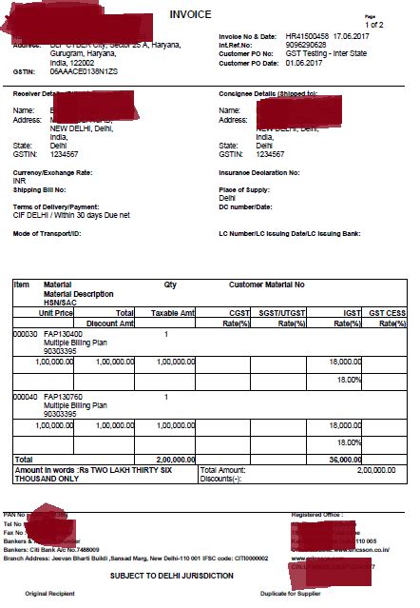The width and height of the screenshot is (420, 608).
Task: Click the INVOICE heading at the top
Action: click(192, 15)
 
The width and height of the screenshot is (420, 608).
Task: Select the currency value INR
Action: click(19, 180)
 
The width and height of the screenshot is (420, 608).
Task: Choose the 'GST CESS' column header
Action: click(387, 312)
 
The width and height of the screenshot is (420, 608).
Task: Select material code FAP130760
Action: click(64, 397)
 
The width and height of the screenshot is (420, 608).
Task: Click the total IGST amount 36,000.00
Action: click(344, 459)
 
